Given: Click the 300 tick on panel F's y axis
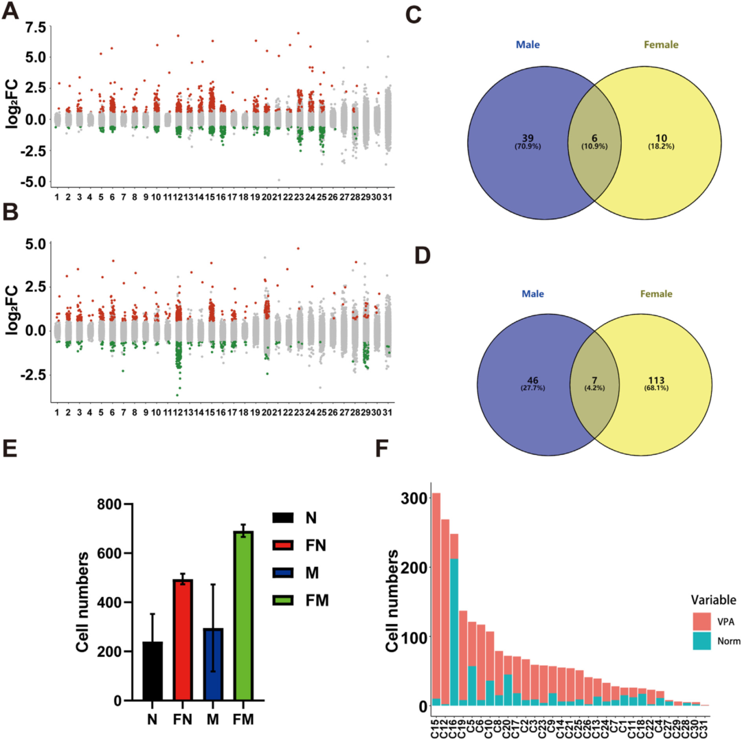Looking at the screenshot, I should tap(413, 497).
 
